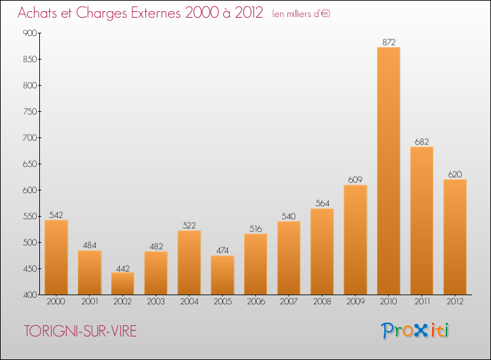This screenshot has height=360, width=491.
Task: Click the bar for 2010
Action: pyautogui.click(x=389, y=171)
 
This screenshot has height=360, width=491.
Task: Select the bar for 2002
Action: pyautogui.click(x=123, y=283)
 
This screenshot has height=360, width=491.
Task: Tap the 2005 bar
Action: pyautogui.click(x=223, y=275)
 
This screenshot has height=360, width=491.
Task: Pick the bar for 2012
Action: pyautogui.click(x=455, y=237)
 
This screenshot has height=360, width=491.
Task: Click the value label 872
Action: pyautogui.click(x=389, y=43)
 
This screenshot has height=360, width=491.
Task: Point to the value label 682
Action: pyautogui.click(x=422, y=142)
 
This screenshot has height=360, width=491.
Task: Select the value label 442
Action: pyautogui.click(x=123, y=268)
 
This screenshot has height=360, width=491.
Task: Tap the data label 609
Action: pyautogui.click(x=355, y=180)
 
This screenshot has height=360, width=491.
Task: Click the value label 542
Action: pyautogui.click(x=56, y=215)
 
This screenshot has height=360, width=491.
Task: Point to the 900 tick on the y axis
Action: pyautogui.click(x=30, y=33)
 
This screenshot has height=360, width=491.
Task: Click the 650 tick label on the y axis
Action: pyautogui.click(x=30, y=164)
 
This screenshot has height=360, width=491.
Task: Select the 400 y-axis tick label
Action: pyautogui.click(x=30, y=295)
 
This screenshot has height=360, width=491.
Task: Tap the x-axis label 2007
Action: pyautogui.click(x=289, y=302)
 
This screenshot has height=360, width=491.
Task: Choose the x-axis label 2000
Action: pyautogui.click(x=56, y=302)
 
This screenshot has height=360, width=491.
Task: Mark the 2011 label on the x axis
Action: pyautogui.click(x=422, y=302)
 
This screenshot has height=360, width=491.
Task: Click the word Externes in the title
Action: pyautogui.click(x=156, y=13)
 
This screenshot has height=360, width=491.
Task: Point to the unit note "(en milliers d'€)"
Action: pyautogui.click(x=301, y=14)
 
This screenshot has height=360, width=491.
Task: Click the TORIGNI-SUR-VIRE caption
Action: pyautogui.click(x=81, y=331)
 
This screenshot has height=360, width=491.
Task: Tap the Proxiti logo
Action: pyautogui.click(x=415, y=331)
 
